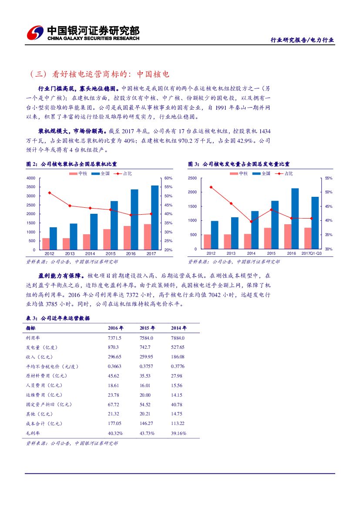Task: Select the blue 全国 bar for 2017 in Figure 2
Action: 155,218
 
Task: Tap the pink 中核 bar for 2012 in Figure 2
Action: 46,244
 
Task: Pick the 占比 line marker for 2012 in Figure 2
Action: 49,192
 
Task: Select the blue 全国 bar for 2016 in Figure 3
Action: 295,219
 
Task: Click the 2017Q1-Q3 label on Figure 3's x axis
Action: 312,253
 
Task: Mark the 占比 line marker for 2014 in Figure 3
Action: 251,222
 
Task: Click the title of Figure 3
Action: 239,164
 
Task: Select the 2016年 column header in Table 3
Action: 115,328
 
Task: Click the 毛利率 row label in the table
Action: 33,433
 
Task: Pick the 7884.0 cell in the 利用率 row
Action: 178,338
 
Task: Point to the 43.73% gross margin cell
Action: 147,433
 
